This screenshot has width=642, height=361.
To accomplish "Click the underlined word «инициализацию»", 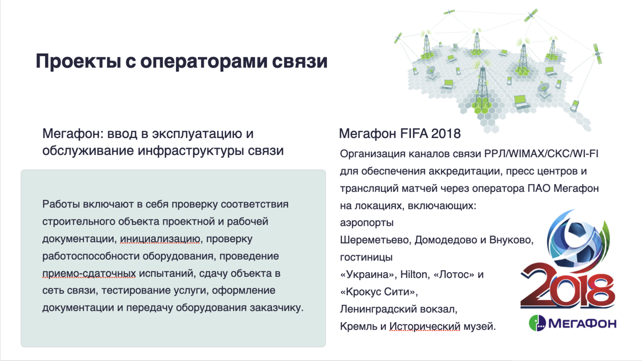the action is (160, 239).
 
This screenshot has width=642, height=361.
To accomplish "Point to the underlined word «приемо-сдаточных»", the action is (89, 273).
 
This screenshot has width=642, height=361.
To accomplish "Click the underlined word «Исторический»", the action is (425, 326).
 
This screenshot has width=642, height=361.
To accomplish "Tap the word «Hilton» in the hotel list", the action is (415, 274).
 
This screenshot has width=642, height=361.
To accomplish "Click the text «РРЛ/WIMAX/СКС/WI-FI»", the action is (541, 154).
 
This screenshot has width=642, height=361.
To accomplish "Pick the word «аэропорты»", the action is (367, 223).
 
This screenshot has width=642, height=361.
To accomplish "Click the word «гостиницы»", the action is (366, 257).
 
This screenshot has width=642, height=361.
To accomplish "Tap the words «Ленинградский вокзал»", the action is (398, 309).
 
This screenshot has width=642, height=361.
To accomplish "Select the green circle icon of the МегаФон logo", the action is (537, 323).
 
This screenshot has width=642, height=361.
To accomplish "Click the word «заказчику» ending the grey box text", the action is (276, 308).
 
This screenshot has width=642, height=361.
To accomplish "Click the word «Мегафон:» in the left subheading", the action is (73, 134).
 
